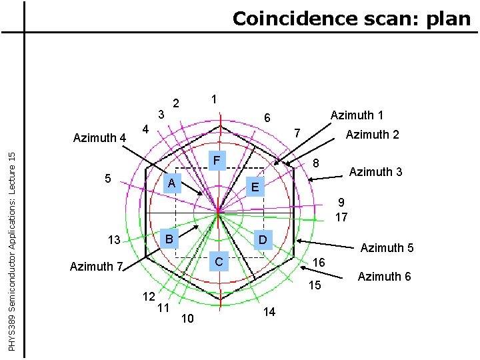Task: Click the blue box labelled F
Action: (217, 161)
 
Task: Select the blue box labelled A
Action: (172, 183)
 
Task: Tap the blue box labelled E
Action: (255, 187)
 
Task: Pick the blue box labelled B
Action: (170, 239)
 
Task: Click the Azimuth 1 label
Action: (357, 115)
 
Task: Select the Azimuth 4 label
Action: (99, 138)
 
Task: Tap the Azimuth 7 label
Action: (96, 267)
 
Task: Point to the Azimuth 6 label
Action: (384, 276)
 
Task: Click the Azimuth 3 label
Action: (376, 172)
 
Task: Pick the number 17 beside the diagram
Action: (341, 217)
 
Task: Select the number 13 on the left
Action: (114, 240)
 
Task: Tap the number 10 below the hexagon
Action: (187, 319)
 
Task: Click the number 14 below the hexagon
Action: (269, 311)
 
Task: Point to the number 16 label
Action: (319, 263)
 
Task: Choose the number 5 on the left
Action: (109, 179)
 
